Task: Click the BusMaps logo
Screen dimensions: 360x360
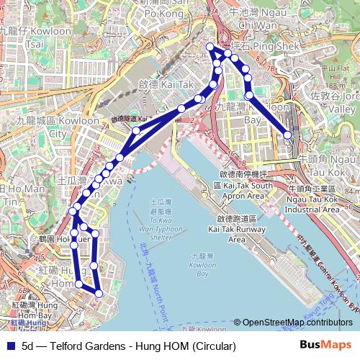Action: pyautogui.click(x=326, y=346)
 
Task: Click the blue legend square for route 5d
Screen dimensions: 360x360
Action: pyautogui.click(x=9, y=346)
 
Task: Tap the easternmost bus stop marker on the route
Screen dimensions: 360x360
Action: pyautogui.click(x=288, y=135)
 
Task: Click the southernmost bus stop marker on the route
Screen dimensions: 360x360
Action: pyautogui.click(x=99, y=293)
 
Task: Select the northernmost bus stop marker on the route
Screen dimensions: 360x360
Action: pyautogui.click(x=210, y=48)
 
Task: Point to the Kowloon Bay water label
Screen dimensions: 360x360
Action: pyautogui.click(x=202, y=265)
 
